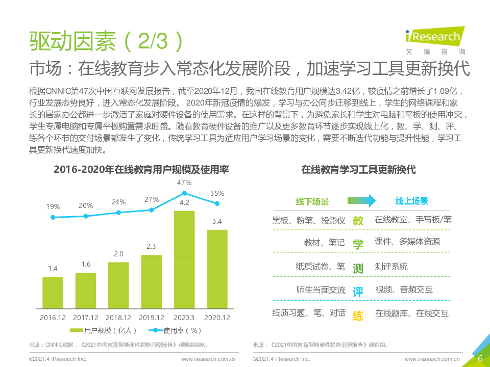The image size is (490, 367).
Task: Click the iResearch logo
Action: [432, 39]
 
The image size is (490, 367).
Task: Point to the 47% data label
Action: [184, 182]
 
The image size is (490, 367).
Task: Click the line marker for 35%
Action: [217, 203]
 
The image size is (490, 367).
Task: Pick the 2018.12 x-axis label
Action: [118, 317]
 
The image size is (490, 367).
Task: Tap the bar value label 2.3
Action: [151, 246]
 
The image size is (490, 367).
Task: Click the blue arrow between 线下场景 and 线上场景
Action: [361, 201]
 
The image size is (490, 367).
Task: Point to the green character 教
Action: [358, 221]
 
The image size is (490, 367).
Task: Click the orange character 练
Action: [358, 316]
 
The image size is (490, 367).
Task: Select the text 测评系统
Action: [391, 267]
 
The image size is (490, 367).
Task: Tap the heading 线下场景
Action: [312, 201]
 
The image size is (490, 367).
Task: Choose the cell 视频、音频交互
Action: [404, 290]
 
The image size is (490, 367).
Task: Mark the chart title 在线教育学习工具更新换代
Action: [358, 170]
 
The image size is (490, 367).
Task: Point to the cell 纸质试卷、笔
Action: [320, 267]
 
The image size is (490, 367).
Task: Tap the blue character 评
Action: [358, 292]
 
